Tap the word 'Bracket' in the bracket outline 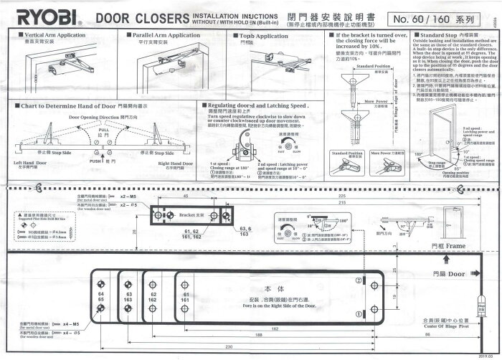pos(187,214)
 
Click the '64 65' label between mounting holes pos(100,298)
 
